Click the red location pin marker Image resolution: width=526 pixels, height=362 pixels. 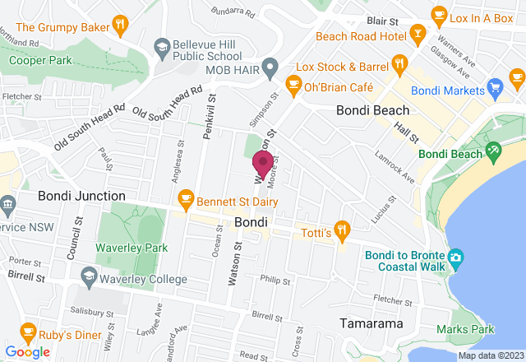click(x=263, y=163)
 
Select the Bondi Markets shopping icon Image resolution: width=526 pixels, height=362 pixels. click(x=494, y=86)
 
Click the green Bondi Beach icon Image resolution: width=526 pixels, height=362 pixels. click(x=493, y=151)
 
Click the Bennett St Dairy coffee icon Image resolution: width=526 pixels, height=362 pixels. click(x=186, y=197)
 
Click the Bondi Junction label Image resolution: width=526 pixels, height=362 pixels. click(x=81, y=196)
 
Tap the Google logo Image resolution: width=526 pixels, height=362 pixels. click(x=26, y=352)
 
